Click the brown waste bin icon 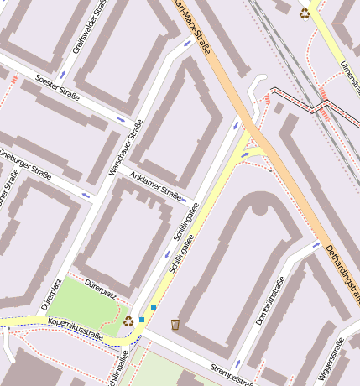(x=175, y=324)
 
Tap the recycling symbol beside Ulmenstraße (x=304, y=13)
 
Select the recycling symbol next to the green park (x=128, y=320)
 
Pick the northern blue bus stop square (x=153, y=307)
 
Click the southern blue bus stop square (x=142, y=319)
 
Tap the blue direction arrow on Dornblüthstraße (x=317, y=245)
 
